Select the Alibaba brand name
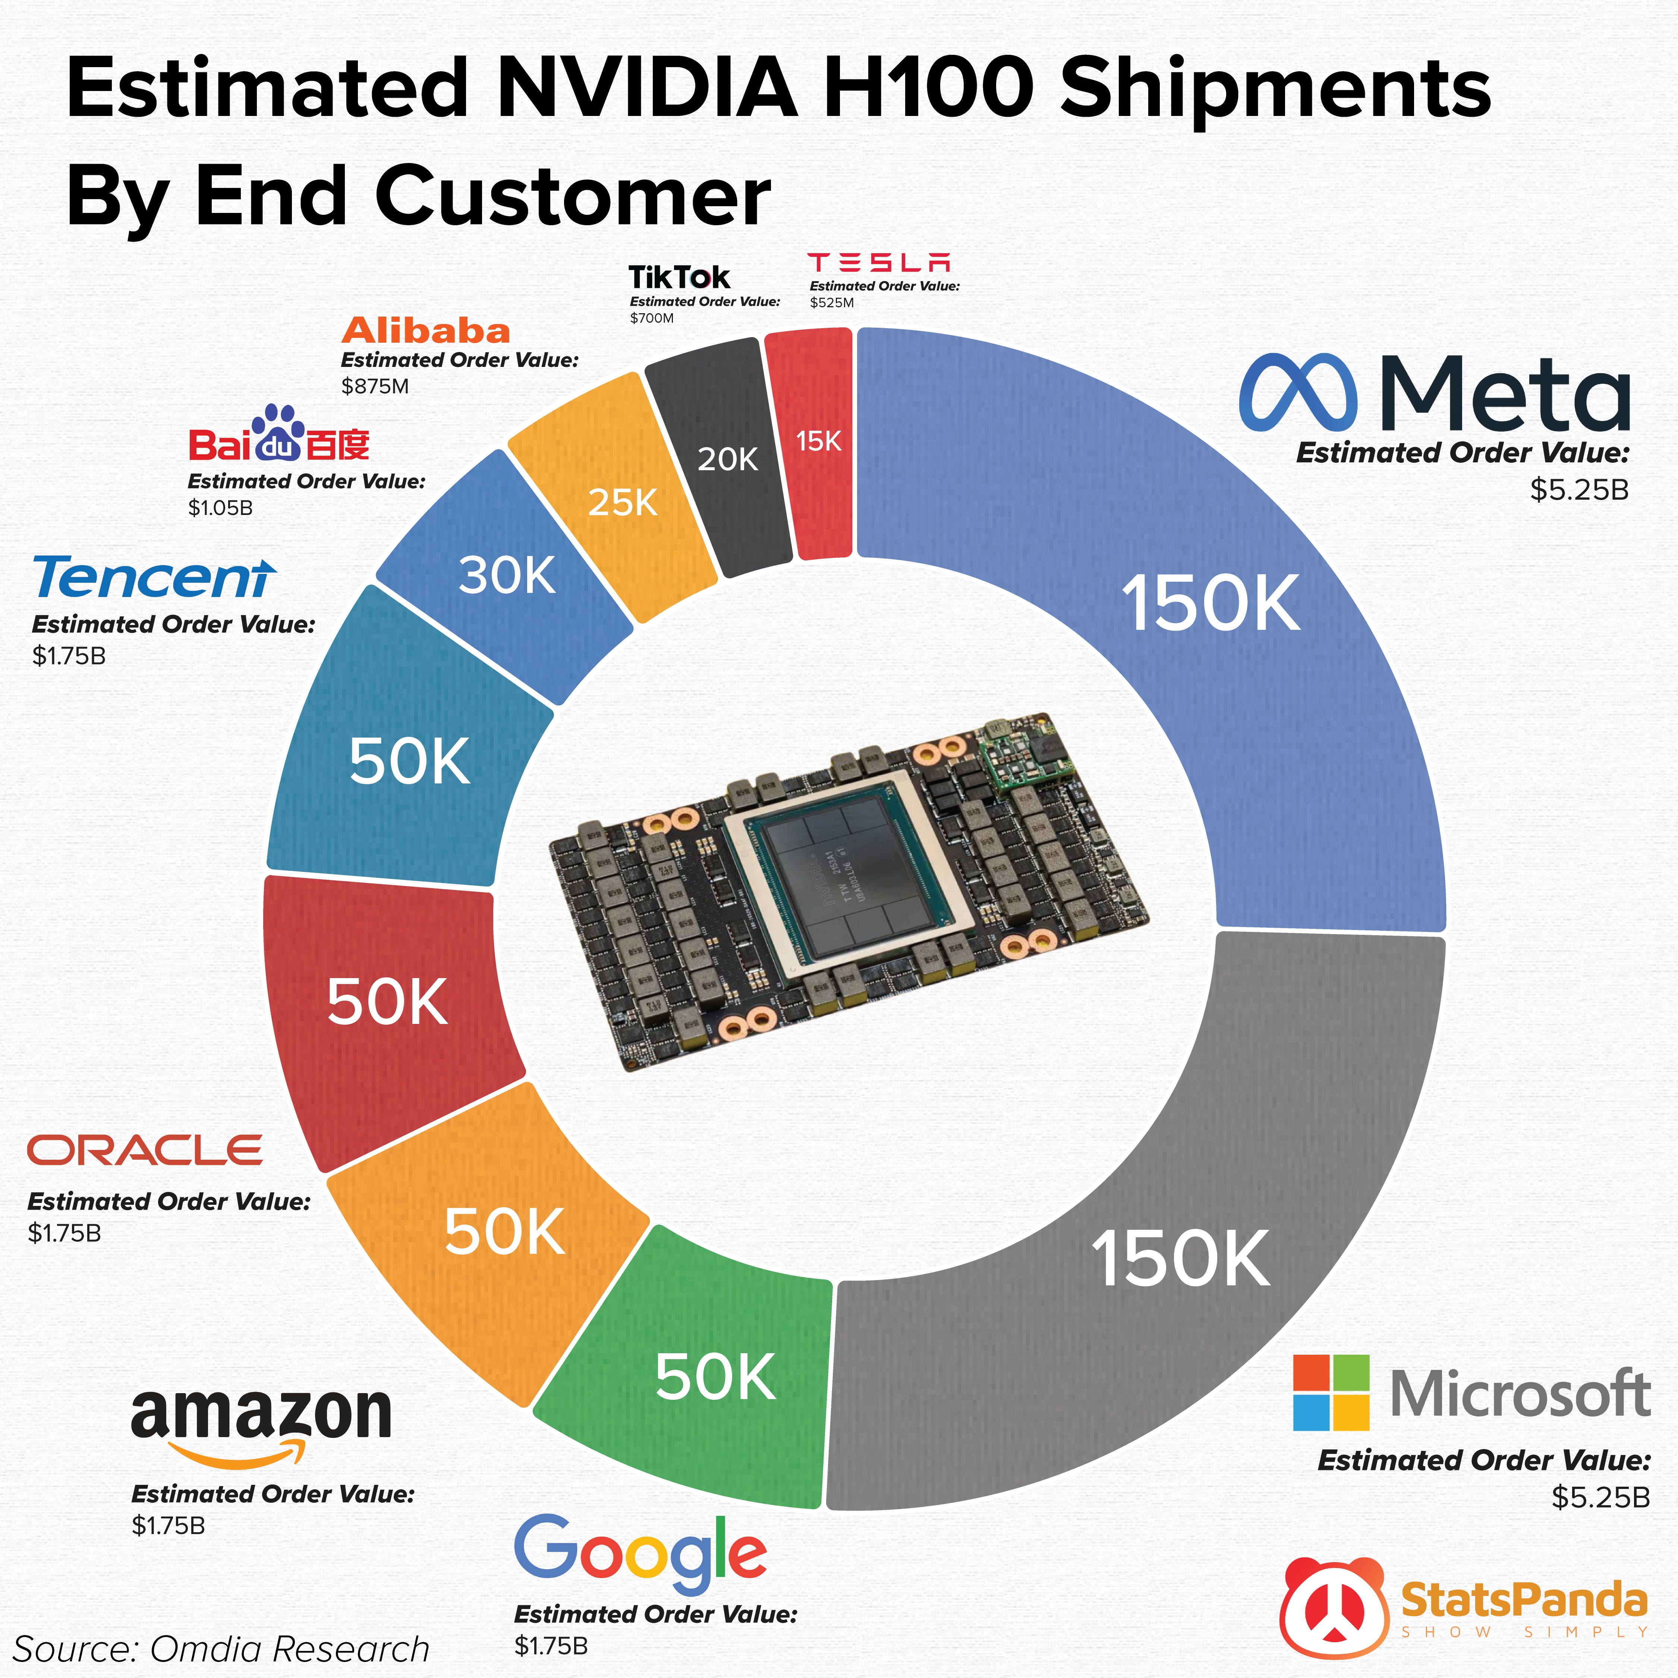point(426,331)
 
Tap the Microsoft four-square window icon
point(1331,1393)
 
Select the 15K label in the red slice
point(818,441)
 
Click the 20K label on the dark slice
point(728,459)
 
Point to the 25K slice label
point(623,502)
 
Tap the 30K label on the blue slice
point(507,575)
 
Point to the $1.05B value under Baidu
point(221,508)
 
